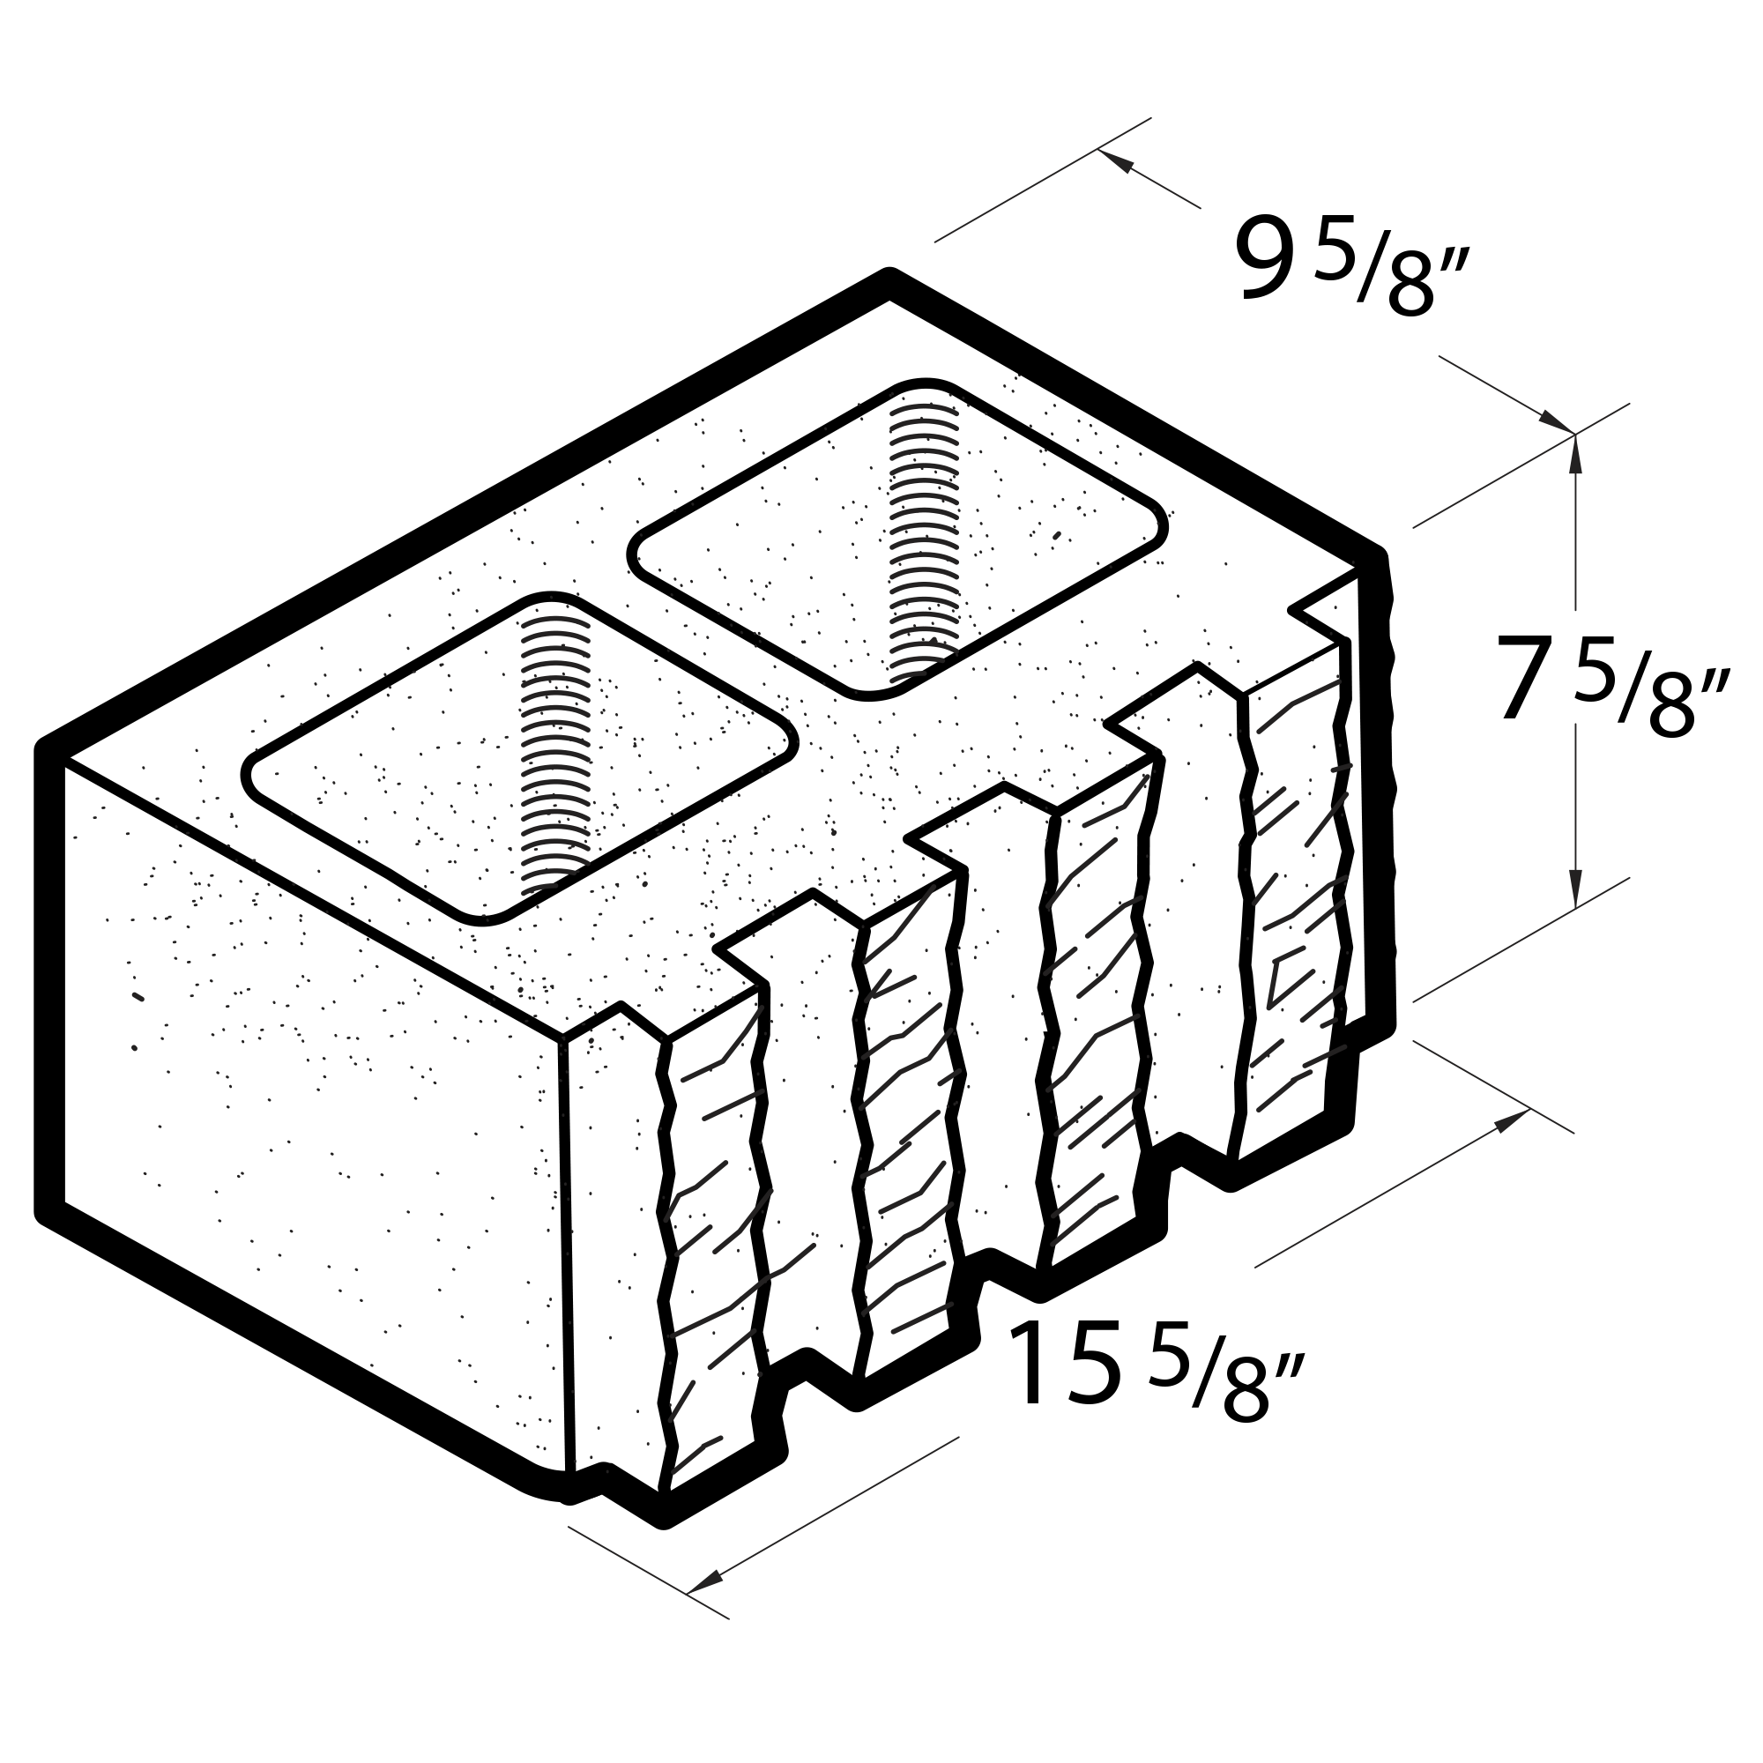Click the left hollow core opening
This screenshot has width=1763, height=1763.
tap(520, 757)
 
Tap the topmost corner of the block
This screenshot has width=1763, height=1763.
tap(889, 276)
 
